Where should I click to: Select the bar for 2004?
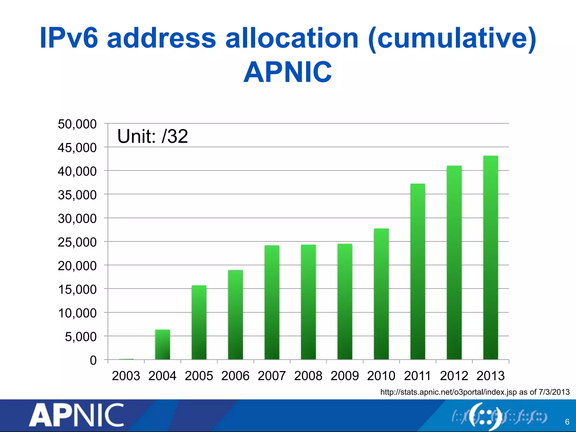coord(163,345)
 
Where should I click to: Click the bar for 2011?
coord(418,271)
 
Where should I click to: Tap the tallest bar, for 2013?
coord(490,257)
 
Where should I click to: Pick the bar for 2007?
coord(272,302)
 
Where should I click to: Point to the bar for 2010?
coord(381,294)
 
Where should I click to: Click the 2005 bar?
coord(199,322)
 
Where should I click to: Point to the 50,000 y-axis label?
coord(77,124)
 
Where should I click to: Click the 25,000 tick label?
coord(77,242)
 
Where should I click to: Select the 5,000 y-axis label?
coord(81,337)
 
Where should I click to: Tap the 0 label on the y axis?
coord(93,360)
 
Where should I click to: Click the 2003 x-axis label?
coord(126,376)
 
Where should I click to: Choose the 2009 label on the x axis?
coord(345,376)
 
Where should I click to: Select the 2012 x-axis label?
coord(454,376)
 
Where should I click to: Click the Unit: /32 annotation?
coord(152,136)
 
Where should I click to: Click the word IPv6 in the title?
coord(69,38)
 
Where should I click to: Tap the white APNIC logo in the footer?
coord(76,415)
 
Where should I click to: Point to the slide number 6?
coord(567,422)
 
